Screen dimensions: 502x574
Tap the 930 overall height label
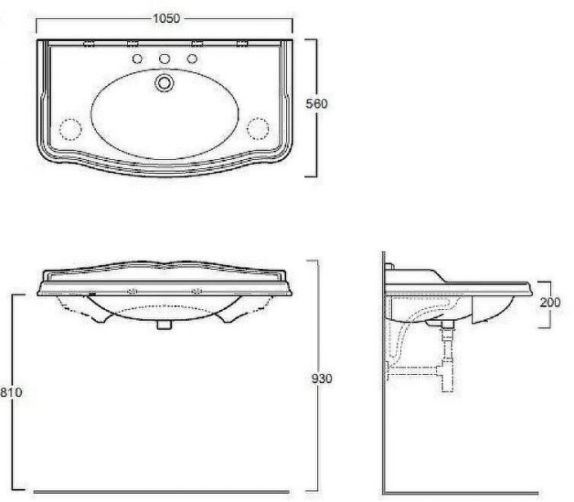tap(321, 379)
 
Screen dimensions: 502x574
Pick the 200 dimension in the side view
tap(551, 303)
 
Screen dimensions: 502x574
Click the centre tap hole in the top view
tap(165, 58)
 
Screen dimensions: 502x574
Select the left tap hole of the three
tap(136, 58)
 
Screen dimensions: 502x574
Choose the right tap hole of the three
tap(194, 58)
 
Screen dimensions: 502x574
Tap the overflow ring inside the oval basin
tap(166, 82)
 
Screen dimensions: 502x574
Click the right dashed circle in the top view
tap(259, 129)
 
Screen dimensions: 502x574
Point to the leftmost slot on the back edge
tap(90, 43)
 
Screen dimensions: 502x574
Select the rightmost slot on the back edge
tap(242, 43)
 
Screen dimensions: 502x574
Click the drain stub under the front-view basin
tap(164, 324)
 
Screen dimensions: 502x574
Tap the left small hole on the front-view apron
tap(131, 290)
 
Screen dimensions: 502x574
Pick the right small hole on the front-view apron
tap(197, 290)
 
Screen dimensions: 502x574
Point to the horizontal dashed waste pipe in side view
tap(418, 372)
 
